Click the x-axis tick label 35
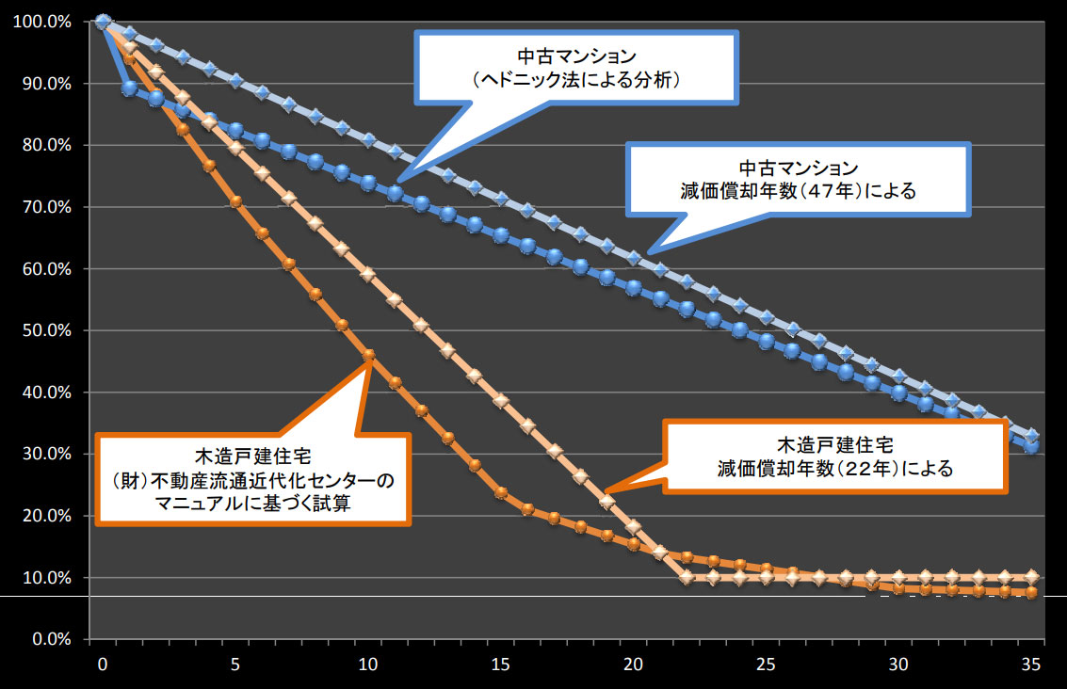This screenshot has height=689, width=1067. click(1031, 665)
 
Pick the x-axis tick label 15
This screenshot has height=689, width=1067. click(501, 665)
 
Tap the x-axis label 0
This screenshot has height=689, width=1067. click(103, 665)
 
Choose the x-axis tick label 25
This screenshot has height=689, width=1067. click(767, 665)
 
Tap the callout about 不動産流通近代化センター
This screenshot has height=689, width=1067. click(253, 479)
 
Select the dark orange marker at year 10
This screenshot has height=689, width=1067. click(368, 356)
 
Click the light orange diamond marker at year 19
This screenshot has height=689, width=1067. click(606, 502)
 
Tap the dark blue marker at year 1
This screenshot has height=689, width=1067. click(130, 88)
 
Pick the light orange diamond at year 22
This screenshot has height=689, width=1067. click(687, 577)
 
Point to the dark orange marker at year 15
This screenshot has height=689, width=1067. click(501, 492)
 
